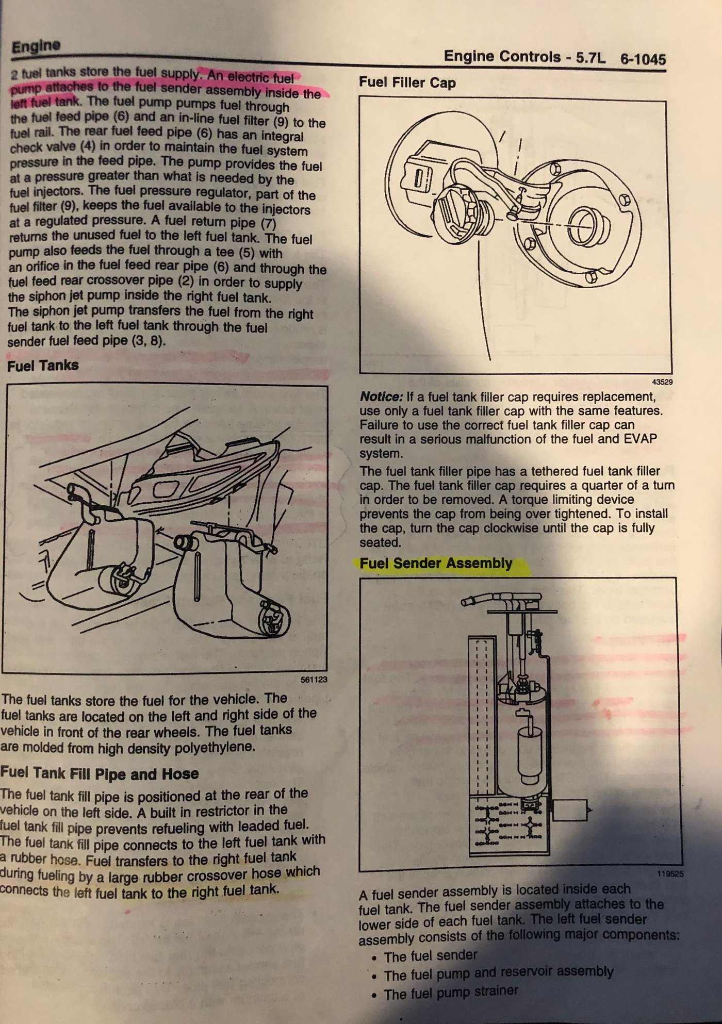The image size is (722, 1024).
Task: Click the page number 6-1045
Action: [643, 59]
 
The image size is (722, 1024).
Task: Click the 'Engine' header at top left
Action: [36, 46]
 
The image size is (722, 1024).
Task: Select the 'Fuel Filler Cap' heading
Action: [407, 82]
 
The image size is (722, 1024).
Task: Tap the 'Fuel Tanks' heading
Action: [43, 366]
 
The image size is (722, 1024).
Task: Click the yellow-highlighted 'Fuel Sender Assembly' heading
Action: [436, 563]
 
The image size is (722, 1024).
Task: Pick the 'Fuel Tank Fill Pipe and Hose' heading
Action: [99, 773]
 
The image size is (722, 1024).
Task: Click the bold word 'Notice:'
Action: [381, 397]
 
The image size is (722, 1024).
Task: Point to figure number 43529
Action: [662, 382]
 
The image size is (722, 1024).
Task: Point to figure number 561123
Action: [314, 680]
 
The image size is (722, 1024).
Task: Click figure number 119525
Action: [670, 874]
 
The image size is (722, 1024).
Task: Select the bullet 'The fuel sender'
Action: [431, 956]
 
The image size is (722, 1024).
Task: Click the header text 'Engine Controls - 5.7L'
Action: [524, 57]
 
